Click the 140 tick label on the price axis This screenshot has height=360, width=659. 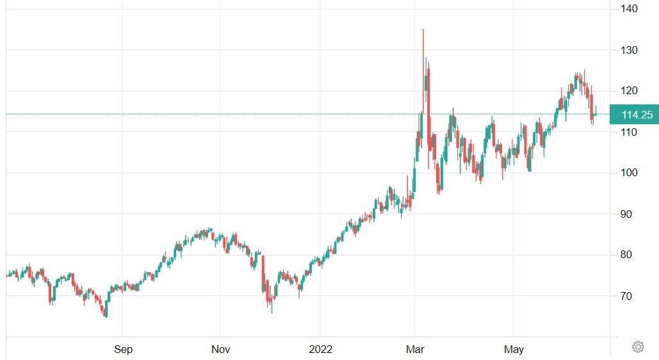[x=628, y=8]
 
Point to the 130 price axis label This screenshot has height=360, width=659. [x=628, y=50]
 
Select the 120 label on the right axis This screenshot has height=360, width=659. [x=628, y=91]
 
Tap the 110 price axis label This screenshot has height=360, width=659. [x=628, y=132]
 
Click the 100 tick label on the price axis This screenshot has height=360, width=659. [x=628, y=173]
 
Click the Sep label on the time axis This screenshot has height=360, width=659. [x=123, y=349]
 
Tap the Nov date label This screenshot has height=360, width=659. [x=220, y=349]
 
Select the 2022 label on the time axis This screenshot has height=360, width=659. [x=320, y=349]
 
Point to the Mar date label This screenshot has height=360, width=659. [x=416, y=349]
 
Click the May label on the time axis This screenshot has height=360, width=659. [x=514, y=349]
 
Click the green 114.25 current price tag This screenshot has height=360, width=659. [x=637, y=115]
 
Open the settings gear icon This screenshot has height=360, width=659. [x=638, y=347]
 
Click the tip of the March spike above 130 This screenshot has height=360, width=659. [x=423, y=30]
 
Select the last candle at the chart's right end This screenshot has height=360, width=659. [x=596, y=113]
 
